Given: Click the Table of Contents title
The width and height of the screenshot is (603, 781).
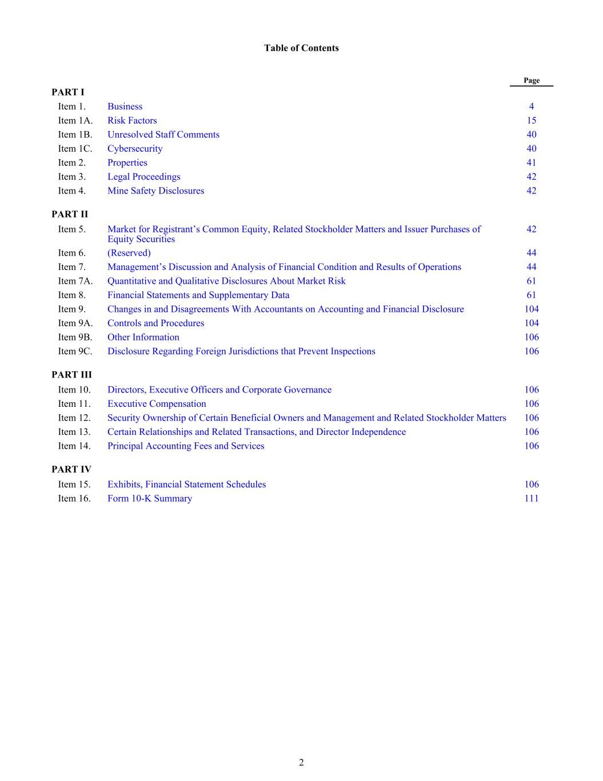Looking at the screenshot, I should pos(301,48).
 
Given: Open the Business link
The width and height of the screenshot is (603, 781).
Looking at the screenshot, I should pos(125,106).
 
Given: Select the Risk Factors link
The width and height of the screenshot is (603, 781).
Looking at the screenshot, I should pos(132,121).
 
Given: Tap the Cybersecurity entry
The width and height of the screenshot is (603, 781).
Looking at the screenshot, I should pos(135,149).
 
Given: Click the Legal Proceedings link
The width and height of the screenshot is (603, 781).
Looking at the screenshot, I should pos(144,177).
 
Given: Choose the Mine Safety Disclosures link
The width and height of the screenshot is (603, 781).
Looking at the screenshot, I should pos(155,191).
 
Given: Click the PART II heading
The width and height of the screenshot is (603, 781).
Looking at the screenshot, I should pos(70,215).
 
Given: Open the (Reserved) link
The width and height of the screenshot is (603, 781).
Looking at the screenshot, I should pos(129,253).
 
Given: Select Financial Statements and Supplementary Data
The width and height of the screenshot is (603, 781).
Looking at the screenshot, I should pos(198,295).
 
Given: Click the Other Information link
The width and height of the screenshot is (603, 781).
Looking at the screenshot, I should pos(143,338).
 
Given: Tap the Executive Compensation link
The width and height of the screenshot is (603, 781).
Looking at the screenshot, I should pos(157,404).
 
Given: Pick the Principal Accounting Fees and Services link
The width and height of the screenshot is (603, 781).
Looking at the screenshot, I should pos(186,446).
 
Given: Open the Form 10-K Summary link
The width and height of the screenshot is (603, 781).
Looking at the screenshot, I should pos(150,498).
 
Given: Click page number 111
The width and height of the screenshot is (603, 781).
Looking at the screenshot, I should pos(532,498).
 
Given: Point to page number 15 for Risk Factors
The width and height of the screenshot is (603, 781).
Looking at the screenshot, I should pos(532,121).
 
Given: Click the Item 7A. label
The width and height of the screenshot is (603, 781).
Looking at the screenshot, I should pos(75,281).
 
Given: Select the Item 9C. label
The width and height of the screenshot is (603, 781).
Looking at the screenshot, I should pos(75,351).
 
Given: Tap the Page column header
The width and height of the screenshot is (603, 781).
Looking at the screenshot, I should pos(532,81).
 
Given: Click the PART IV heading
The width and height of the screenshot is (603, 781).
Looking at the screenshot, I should pos(71,469).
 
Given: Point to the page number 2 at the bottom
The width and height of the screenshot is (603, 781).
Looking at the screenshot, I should pos(301,762).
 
